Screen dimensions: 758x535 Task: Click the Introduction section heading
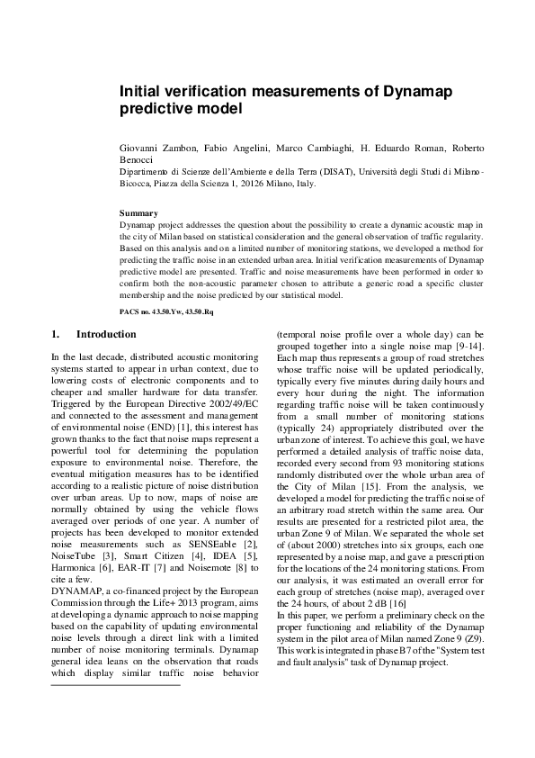(x=106, y=334)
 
